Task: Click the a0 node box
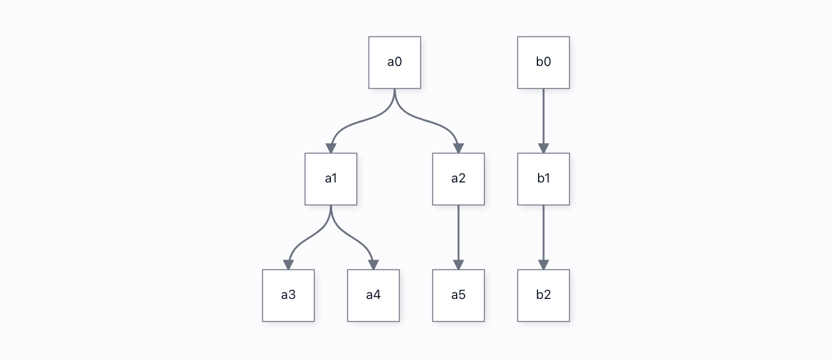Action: coord(394,62)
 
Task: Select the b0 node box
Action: coord(544,62)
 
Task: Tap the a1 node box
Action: coord(331,179)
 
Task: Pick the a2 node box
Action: coord(459,179)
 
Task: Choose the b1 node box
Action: coord(544,179)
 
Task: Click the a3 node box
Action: coord(288,296)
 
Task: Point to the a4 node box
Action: coord(373,296)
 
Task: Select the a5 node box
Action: coord(459,296)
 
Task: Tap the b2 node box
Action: coord(544,296)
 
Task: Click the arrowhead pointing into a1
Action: coord(331,148)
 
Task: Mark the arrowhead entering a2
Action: coord(459,148)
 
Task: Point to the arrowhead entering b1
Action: coord(544,148)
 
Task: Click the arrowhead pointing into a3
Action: coord(288,265)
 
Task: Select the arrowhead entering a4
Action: coord(373,265)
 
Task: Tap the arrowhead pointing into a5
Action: coord(459,265)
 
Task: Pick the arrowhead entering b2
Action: coord(544,265)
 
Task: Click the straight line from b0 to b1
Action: coord(544,117)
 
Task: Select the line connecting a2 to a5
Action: coord(459,233)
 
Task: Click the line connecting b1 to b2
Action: coord(544,233)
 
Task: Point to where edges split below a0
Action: coord(394,90)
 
